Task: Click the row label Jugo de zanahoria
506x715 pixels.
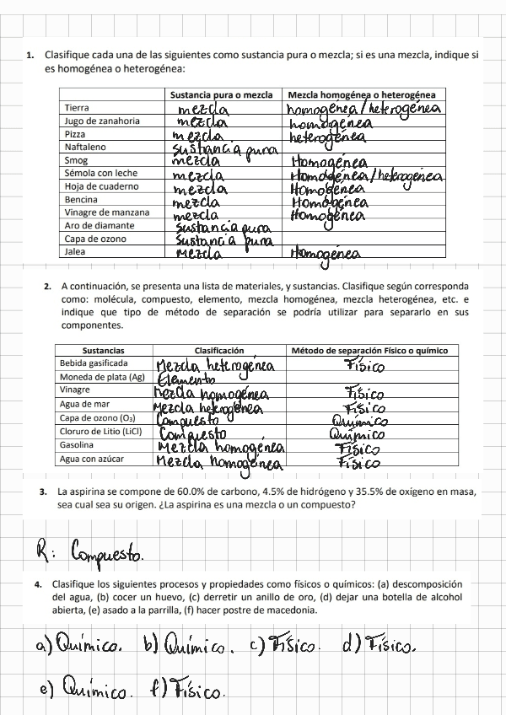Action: coord(102,121)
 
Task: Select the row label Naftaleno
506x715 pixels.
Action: coord(85,147)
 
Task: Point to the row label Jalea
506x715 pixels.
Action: coord(76,251)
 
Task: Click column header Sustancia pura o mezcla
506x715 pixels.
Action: coord(221,94)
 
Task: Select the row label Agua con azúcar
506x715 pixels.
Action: coord(92,459)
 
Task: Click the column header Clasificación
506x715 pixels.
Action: coord(219,350)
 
